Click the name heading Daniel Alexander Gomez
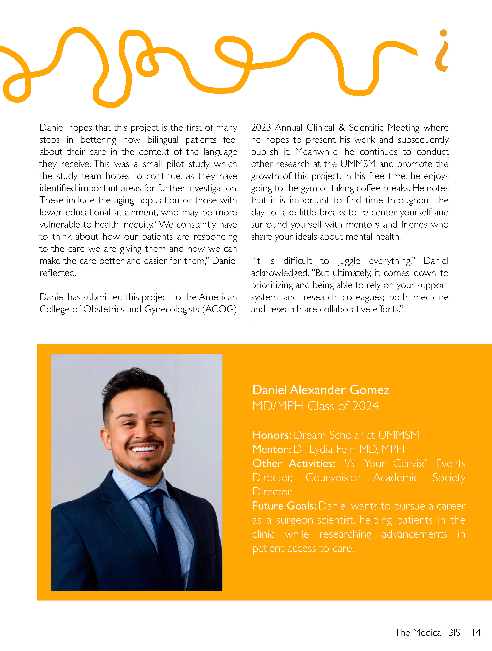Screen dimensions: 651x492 [x=321, y=390]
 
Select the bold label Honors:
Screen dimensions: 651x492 [x=272, y=435]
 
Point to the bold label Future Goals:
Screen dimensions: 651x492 [x=284, y=506]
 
